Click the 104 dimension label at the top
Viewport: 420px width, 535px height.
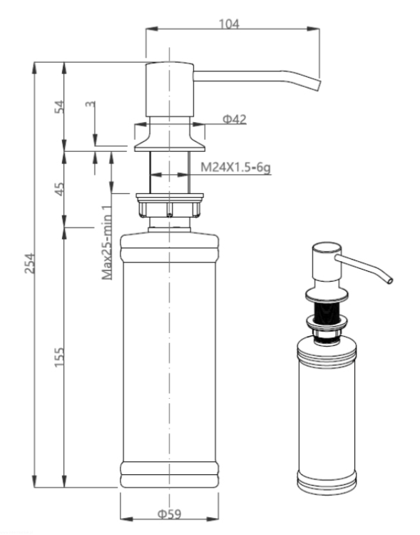tap(229, 24)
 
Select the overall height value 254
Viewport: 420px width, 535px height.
tap(30, 263)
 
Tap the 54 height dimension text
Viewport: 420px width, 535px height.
tap(59, 106)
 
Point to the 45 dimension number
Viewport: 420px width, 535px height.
tap(59, 189)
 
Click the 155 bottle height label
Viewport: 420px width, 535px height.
tap(59, 357)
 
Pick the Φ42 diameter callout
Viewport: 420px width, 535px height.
tap(235, 119)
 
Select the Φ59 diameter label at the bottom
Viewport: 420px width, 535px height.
tap(169, 514)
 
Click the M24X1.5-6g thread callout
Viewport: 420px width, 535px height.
tap(235, 168)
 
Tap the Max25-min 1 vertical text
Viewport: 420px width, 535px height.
tap(107, 243)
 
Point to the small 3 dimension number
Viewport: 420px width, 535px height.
tap(91, 103)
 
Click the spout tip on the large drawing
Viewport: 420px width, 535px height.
tap(317, 85)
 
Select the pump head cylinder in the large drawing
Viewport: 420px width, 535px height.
tap(170, 89)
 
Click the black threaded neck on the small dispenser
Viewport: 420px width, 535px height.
tap(327, 312)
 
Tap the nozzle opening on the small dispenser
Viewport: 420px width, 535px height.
tap(389, 280)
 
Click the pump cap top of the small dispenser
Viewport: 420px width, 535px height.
tap(327, 248)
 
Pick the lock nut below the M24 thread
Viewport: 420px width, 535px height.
tap(170, 205)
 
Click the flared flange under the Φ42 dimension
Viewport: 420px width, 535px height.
tap(170, 138)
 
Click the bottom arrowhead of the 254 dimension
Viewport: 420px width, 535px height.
tap(34, 481)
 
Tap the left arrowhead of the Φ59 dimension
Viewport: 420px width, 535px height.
tap(127, 519)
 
